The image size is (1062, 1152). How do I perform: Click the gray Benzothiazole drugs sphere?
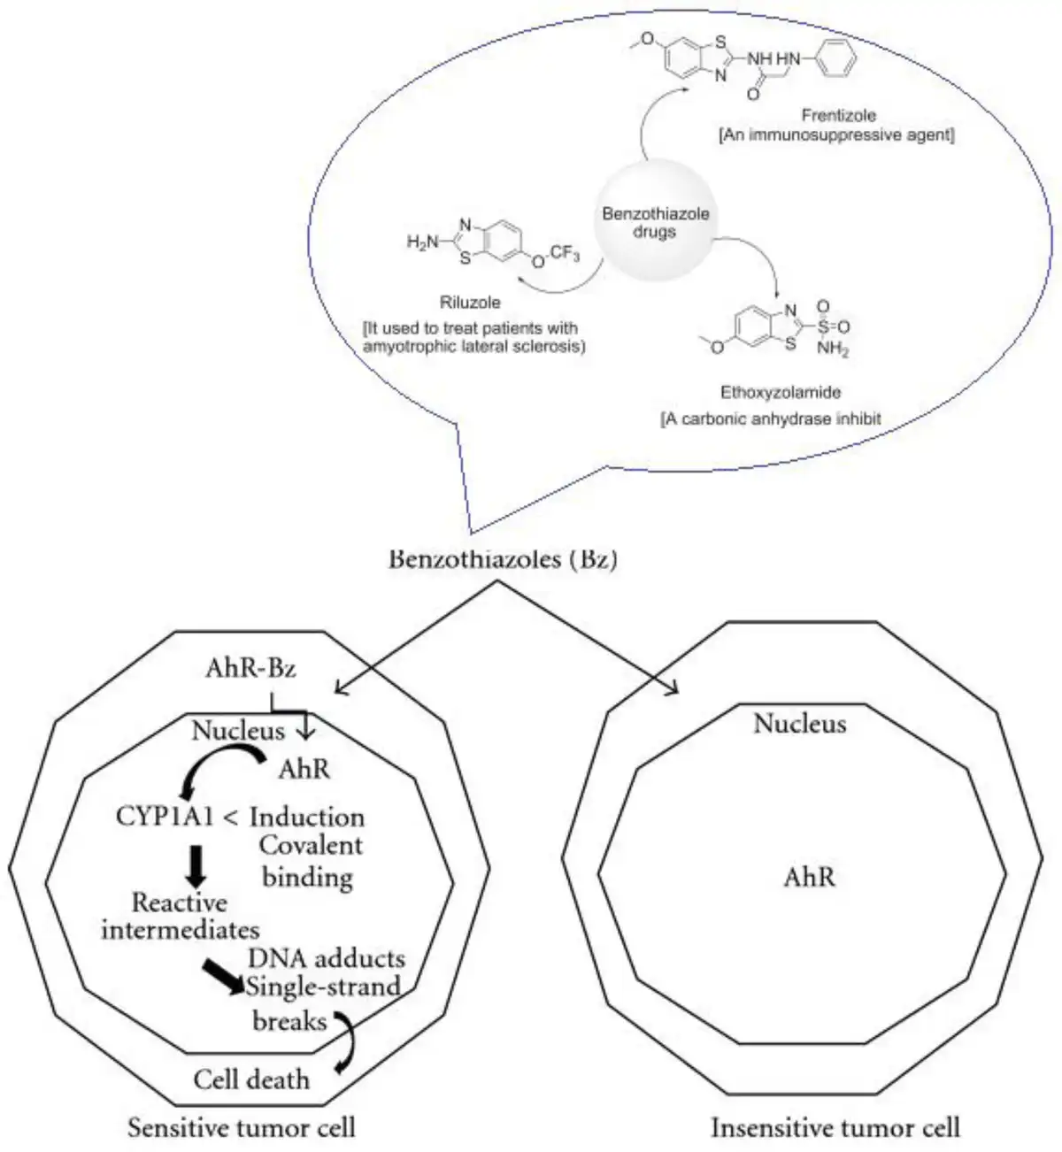pyautogui.click(x=655, y=221)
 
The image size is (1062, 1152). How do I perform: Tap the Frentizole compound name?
pyautogui.click(x=838, y=115)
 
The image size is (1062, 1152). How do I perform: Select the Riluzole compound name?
pyautogui.click(x=470, y=302)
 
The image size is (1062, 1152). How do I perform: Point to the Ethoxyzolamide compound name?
pyautogui.click(x=781, y=392)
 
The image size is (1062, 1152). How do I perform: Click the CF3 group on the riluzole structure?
pyautogui.click(x=565, y=253)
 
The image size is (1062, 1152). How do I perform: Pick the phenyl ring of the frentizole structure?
pyautogui.click(x=835, y=58)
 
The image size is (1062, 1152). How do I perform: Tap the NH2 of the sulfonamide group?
pyautogui.click(x=833, y=349)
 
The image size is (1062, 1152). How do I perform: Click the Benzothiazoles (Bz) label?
pyautogui.click(x=503, y=560)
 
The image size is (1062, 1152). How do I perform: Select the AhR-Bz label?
pyautogui.click(x=250, y=668)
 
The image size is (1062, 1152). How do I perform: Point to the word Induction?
pyautogui.click(x=307, y=818)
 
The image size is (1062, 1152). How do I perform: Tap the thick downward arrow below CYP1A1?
pyautogui.click(x=196, y=866)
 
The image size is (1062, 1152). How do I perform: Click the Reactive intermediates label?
pyautogui.click(x=180, y=917)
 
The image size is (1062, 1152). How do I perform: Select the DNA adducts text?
pyautogui.click(x=327, y=958)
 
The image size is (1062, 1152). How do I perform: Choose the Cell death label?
pyautogui.click(x=251, y=1079)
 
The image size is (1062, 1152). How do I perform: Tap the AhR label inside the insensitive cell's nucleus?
pyautogui.click(x=809, y=878)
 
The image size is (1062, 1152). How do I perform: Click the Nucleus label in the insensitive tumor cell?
pyautogui.click(x=800, y=724)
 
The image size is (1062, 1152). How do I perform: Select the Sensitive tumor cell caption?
pyautogui.click(x=242, y=1127)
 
